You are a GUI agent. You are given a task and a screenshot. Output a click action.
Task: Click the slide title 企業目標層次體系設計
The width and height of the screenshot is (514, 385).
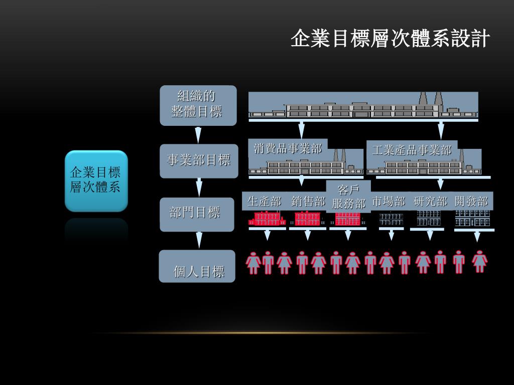point(390,39)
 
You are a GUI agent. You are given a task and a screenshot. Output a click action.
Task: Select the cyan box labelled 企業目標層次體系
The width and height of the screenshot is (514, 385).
point(96,180)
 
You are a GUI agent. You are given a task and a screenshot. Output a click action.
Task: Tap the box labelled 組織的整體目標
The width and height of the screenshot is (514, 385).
point(198,105)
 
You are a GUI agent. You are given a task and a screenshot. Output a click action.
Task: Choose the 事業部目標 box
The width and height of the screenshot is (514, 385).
point(199,161)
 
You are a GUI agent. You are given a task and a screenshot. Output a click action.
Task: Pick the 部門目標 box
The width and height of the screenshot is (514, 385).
point(197,214)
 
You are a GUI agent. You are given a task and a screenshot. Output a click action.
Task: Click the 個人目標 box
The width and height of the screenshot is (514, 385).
point(197,266)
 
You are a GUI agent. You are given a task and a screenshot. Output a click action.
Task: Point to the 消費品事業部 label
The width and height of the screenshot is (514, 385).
point(288,148)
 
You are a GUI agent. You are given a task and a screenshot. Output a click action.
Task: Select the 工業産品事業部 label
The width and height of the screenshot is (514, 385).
point(412,150)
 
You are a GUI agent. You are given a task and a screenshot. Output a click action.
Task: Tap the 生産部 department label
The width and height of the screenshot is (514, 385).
point(264,202)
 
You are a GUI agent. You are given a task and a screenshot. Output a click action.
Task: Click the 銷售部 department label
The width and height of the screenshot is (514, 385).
point(308,202)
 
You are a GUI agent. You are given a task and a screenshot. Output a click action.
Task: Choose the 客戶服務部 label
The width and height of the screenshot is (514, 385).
point(348,197)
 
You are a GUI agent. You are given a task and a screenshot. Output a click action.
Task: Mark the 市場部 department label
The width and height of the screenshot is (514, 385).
point(389,202)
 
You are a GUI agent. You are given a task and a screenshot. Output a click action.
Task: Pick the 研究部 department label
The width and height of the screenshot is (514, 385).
point(430,202)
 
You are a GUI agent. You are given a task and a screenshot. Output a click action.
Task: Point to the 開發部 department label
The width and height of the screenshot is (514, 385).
point(471,202)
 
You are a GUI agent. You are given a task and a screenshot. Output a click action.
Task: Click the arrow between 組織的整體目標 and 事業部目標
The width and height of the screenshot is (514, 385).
point(198,135)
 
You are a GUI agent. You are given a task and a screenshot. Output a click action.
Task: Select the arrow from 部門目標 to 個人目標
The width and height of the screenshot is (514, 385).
point(199,240)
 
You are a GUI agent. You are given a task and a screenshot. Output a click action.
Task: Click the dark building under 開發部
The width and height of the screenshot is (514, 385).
point(472,218)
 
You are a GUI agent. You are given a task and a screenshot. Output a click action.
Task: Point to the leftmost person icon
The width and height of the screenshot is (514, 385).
point(253,263)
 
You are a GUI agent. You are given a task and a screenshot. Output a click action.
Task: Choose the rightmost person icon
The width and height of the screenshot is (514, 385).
point(480,261)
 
